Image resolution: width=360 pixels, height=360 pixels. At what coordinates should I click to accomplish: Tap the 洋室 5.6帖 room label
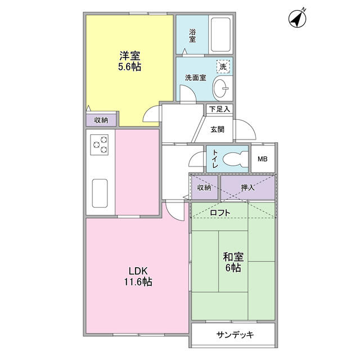(x=129, y=61)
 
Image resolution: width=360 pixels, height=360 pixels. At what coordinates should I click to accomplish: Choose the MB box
(x=263, y=159)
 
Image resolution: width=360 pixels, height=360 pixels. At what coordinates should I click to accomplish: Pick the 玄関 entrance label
(x=218, y=129)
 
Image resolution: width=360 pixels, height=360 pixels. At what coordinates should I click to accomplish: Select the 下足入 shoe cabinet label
(x=219, y=109)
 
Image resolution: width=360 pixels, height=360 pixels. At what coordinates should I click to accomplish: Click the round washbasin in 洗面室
(x=221, y=88)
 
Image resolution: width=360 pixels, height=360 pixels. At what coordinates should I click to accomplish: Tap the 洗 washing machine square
(x=223, y=66)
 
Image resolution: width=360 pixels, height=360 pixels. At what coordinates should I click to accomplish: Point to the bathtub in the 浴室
(x=220, y=34)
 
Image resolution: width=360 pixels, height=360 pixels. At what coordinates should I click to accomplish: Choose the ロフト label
(x=220, y=213)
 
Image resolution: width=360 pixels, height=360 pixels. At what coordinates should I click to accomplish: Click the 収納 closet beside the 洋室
(x=101, y=119)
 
